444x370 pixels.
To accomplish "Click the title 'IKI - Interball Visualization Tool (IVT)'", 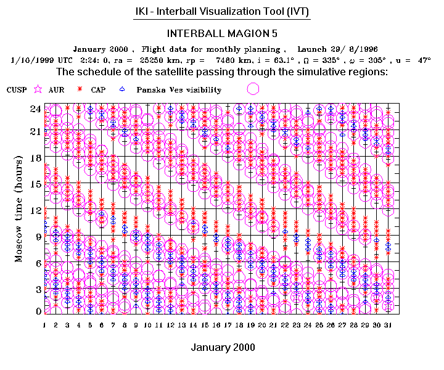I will [x=221, y=12].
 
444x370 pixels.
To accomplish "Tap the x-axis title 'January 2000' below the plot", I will [x=223, y=347].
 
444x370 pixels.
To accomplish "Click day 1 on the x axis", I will [x=44, y=324].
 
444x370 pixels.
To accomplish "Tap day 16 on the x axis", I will [x=216, y=324].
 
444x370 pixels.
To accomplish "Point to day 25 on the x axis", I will [x=319, y=324].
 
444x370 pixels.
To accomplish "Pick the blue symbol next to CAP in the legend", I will [x=121, y=89].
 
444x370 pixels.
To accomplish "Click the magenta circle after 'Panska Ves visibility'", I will [x=252, y=89].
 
